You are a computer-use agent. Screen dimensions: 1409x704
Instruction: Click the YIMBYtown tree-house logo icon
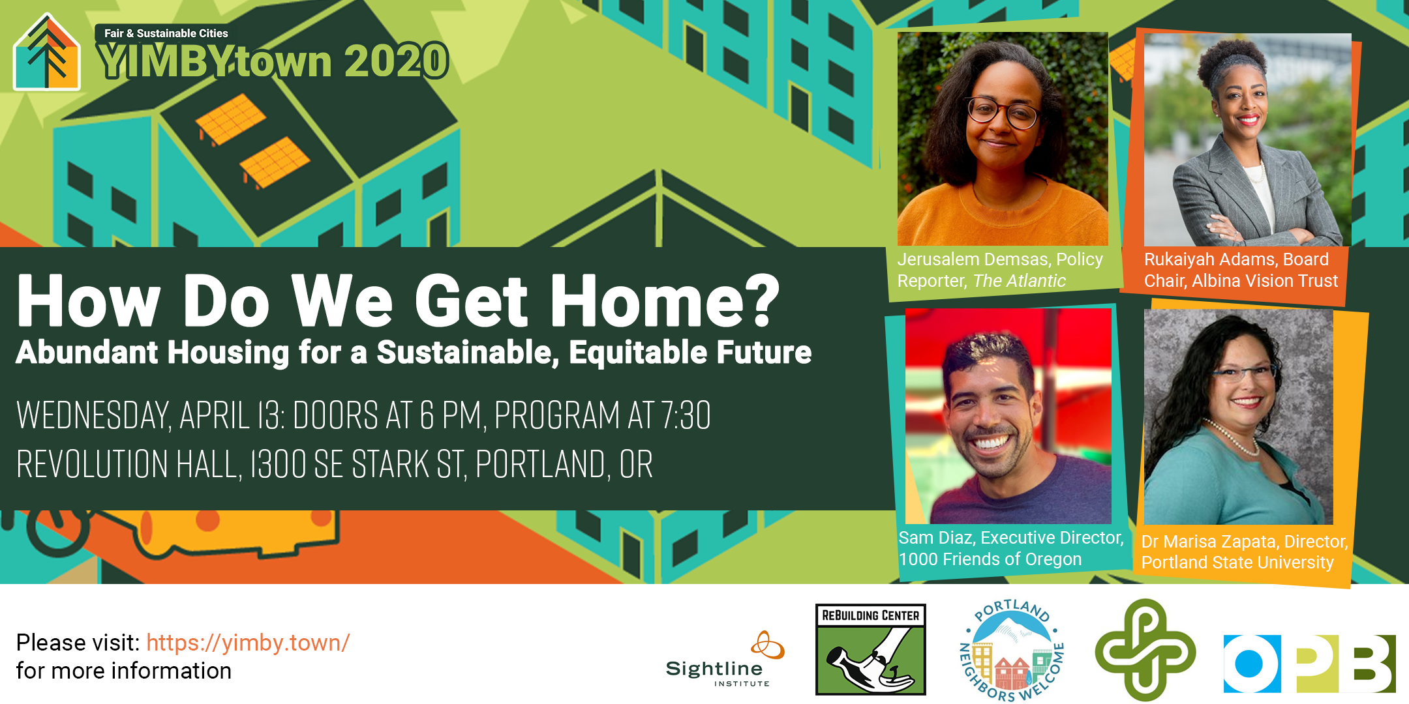(47, 52)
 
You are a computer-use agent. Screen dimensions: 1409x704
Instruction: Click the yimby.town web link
(248, 643)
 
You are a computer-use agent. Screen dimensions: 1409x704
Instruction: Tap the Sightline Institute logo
(725, 659)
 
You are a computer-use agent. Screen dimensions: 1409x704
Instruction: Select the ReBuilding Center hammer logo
(871, 649)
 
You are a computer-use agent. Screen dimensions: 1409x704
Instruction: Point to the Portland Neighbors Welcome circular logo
(1012, 650)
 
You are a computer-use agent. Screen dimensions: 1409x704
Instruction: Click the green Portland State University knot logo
(1145, 650)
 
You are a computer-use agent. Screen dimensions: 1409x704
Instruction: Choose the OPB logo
(1309, 664)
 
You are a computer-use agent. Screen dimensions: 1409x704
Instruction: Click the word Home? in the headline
(665, 301)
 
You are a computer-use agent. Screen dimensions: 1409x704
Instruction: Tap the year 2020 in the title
(396, 61)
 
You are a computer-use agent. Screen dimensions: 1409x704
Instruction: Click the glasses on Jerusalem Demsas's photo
(1002, 112)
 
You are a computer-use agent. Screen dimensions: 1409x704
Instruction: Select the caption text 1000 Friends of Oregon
(990, 559)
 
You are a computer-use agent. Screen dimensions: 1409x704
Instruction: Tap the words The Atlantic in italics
(1019, 281)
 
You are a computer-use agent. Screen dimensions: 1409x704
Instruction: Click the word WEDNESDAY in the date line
(93, 415)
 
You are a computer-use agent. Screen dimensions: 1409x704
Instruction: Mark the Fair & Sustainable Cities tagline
(166, 33)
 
